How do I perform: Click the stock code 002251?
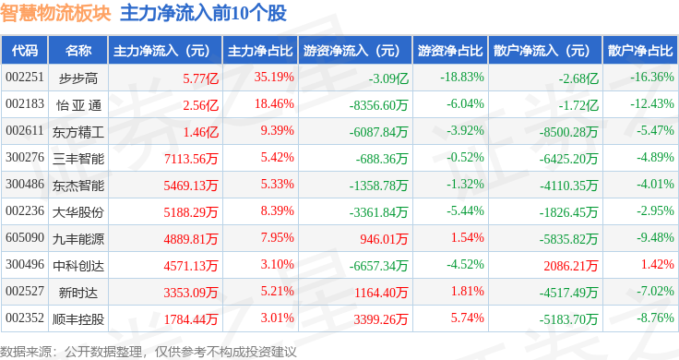point(25,78)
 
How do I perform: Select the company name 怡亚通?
point(78,105)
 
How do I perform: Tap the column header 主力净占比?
point(260,51)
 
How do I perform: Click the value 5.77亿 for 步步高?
point(200,78)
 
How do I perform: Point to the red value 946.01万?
point(384,239)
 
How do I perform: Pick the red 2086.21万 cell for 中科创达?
point(571,266)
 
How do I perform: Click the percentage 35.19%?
point(274,78)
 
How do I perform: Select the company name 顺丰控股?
point(78,319)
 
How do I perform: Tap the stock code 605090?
point(25,238)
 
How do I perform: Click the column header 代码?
point(25,51)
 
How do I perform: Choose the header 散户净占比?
point(640,51)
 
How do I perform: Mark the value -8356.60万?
point(379,105)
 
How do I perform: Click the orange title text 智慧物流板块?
point(55,13)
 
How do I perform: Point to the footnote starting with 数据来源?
point(149,352)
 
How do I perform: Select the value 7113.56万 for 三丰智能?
point(191,159)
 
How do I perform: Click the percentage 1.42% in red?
point(658,264)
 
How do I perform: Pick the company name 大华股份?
point(78,212)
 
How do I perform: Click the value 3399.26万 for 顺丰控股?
point(381,319)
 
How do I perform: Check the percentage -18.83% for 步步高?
point(462,78)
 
